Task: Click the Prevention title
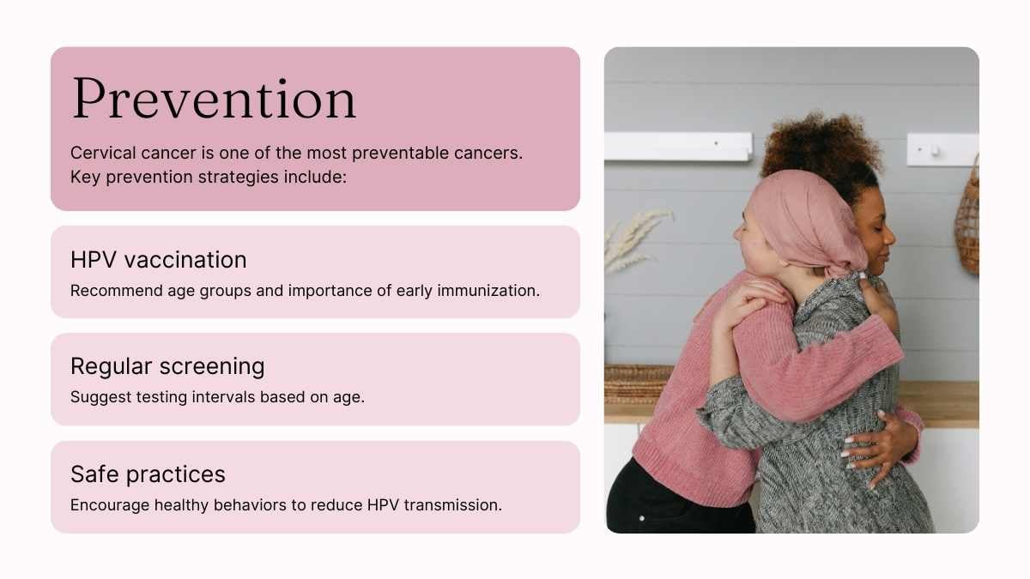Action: tap(215, 99)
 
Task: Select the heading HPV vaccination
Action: tap(159, 260)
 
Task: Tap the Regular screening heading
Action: tap(167, 367)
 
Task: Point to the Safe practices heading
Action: tap(148, 474)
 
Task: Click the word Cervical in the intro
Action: tap(103, 153)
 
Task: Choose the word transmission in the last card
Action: tap(453, 505)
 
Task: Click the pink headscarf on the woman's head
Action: tap(808, 220)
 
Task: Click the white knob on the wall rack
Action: tap(935, 151)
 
